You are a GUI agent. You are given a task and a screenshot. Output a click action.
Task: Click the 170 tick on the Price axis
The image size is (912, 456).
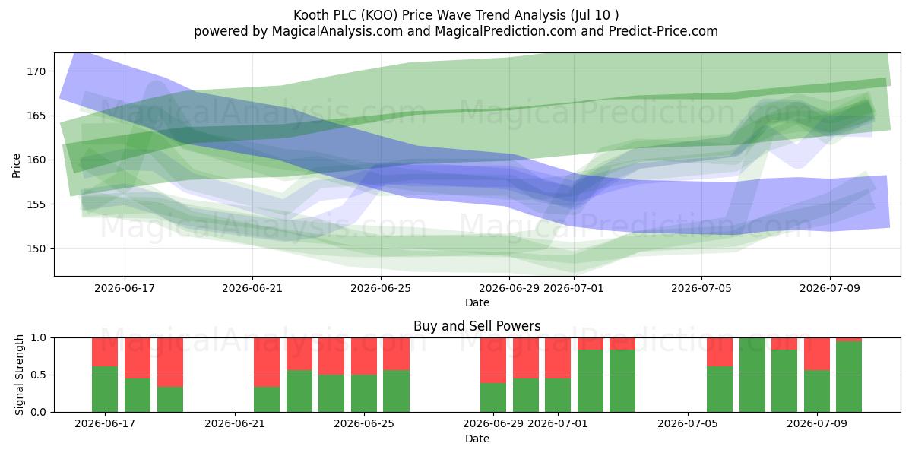click(36, 71)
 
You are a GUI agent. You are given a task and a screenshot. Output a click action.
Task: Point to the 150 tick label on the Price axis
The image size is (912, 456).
click(36, 249)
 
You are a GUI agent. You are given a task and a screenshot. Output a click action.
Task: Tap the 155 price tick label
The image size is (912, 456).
click(36, 204)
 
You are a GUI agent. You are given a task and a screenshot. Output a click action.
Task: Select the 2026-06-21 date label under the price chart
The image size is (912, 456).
click(252, 288)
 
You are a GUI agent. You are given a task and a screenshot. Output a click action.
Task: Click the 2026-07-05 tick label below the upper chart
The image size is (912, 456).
click(701, 288)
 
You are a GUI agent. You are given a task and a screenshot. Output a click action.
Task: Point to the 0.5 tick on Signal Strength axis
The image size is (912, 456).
click(40, 375)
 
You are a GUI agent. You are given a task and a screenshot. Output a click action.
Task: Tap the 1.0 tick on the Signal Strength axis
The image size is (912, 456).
click(40, 338)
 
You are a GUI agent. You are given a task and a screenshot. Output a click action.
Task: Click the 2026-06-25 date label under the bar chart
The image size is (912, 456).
click(364, 423)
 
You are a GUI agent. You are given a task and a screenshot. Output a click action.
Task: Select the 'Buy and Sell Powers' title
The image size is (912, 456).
click(477, 326)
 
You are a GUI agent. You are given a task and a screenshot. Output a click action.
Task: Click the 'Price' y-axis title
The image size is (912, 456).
click(16, 166)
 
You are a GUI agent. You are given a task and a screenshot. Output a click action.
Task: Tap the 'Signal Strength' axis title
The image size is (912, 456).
click(19, 375)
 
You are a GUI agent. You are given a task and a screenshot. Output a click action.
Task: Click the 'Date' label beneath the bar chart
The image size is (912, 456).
click(477, 439)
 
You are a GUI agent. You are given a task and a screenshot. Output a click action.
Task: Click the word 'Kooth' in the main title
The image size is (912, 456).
click(310, 15)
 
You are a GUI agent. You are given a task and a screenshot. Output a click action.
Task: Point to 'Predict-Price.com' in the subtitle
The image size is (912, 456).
click(663, 31)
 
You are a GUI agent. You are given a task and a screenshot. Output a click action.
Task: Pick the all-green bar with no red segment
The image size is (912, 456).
click(752, 375)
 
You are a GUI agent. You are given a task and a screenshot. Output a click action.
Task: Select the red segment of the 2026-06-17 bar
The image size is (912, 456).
click(105, 352)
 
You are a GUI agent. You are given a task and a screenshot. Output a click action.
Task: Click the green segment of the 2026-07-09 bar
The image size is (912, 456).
click(817, 391)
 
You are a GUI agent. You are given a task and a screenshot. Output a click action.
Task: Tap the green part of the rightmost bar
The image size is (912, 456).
click(849, 377)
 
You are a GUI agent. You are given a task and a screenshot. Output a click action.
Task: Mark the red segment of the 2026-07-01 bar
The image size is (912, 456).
click(558, 358)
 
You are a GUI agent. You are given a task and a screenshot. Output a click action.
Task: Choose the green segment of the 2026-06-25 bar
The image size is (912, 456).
click(364, 394)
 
